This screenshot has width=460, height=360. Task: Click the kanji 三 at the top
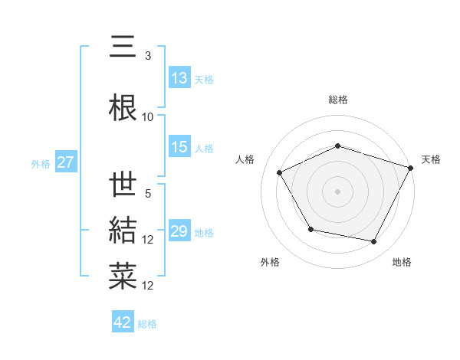pyautogui.click(x=123, y=47)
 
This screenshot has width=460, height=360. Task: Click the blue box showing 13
pyautogui.click(x=179, y=78)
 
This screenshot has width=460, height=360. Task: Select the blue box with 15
pyautogui.click(x=179, y=147)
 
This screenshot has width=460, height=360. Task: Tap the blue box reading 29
pyautogui.click(x=179, y=231)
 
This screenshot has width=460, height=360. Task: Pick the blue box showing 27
pyautogui.click(x=65, y=162)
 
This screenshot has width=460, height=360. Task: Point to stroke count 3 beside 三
pyautogui.click(x=148, y=56)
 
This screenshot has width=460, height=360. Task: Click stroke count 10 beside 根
pyautogui.click(x=148, y=117)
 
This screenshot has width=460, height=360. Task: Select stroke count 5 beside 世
pyautogui.click(x=148, y=195)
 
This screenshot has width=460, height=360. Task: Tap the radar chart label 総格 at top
pyautogui.click(x=337, y=100)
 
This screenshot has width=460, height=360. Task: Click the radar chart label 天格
pyautogui.click(x=431, y=159)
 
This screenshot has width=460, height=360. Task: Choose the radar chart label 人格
pyautogui.click(x=245, y=159)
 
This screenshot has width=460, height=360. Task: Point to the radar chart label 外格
pyautogui.click(x=270, y=262)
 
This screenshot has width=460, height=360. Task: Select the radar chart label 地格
pyautogui.click(x=402, y=262)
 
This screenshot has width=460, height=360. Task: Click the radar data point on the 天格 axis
pyautogui.click(x=412, y=167)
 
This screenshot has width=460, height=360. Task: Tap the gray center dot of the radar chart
pyautogui.click(x=337, y=191)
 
